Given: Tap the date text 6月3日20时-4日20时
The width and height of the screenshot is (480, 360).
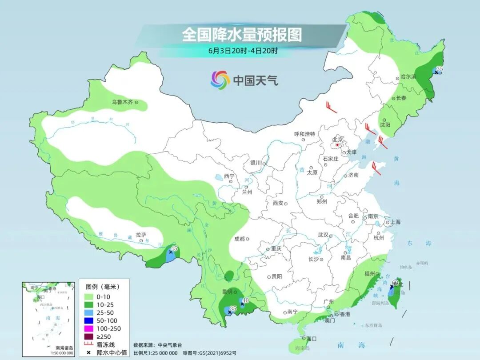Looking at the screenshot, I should [x=243, y=51].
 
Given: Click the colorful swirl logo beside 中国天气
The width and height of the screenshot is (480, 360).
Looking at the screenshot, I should [x=220, y=80].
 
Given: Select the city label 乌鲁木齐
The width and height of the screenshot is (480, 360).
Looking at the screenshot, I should [x=122, y=102].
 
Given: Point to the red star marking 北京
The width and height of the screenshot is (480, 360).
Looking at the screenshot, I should [x=337, y=145].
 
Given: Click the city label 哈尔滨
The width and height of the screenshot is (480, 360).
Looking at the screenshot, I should [x=408, y=77].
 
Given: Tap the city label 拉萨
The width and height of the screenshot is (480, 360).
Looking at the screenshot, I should [x=140, y=235].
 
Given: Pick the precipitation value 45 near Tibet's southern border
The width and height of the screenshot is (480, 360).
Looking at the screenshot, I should [x=174, y=248].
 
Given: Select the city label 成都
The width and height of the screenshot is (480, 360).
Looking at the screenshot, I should [x=240, y=239].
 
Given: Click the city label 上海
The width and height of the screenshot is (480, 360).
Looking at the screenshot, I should [x=395, y=222].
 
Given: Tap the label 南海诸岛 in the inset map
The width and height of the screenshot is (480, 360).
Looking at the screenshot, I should [x=64, y=348].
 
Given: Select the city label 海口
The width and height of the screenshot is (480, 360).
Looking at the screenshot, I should [x=312, y=339].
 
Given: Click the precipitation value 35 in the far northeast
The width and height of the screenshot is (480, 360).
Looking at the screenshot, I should [x=440, y=68].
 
